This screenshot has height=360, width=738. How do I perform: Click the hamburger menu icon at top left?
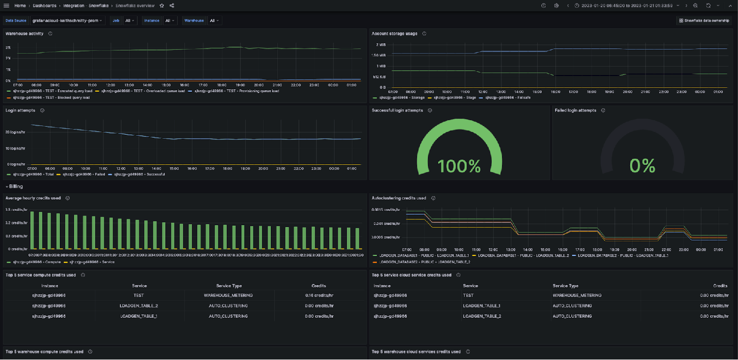point(6,5)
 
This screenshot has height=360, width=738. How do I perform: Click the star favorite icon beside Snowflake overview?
point(162,5)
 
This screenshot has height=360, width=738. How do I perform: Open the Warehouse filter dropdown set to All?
point(214,21)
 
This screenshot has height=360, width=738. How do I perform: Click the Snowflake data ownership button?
point(704,21)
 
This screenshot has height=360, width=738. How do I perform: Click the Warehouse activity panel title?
point(25,33)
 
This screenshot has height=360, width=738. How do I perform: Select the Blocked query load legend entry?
point(51,97)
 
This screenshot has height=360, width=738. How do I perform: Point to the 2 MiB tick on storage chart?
point(381,45)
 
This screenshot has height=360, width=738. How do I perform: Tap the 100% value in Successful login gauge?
point(459,166)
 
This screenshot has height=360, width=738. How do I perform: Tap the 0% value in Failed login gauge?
point(642,166)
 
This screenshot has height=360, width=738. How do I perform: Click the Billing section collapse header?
point(16,186)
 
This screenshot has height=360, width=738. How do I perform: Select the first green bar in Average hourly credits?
point(32,230)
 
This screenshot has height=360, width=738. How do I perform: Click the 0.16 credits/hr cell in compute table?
point(319,295)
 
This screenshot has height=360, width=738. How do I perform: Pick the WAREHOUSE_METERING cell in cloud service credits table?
point(577,295)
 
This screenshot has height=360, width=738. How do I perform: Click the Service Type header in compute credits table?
point(229,285)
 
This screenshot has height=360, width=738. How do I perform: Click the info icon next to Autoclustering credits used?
point(434,198)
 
